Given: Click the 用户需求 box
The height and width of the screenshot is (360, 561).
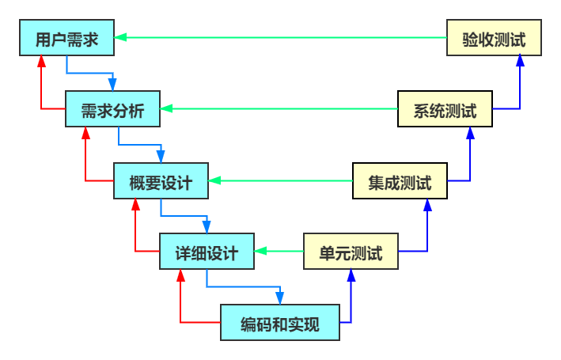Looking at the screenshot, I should (x=66, y=39).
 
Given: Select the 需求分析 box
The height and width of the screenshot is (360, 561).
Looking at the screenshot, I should (x=112, y=110).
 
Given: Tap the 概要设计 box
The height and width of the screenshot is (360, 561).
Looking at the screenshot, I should (x=161, y=182).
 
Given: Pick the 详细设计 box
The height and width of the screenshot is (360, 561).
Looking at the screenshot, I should (x=207, y=252).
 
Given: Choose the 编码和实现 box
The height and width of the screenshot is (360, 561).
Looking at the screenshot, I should (x=279, y=323).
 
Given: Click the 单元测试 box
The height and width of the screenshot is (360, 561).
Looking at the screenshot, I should (x=351, y=252).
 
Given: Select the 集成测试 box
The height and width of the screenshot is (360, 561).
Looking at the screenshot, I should (x=400, y=182).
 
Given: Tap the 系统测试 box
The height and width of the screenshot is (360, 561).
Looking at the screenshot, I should (x=445, y=109).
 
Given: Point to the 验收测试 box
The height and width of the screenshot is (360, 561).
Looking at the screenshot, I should (x=494, y=38).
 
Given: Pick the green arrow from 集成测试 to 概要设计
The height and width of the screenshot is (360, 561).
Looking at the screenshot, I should (x=281, y=180).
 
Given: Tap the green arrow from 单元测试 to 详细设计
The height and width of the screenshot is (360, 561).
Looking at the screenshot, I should (x=279, y=252).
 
